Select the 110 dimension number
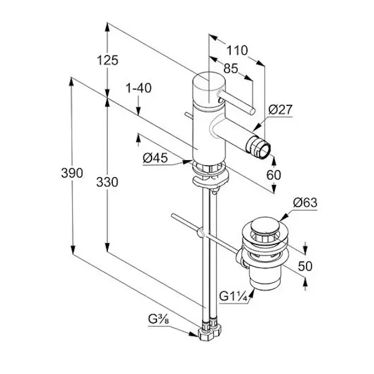pos(237,50)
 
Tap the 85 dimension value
pos(230,69)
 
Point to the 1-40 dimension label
pos(138,89)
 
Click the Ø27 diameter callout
pos(280,110)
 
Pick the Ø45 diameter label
pos(155,159)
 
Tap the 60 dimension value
pos(274,175)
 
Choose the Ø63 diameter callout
pos(305,203)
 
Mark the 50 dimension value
pos(305,266)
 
